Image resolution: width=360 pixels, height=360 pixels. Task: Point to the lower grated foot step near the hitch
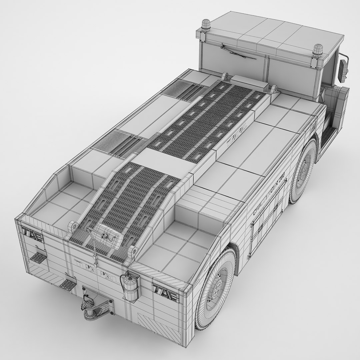(69, 284)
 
